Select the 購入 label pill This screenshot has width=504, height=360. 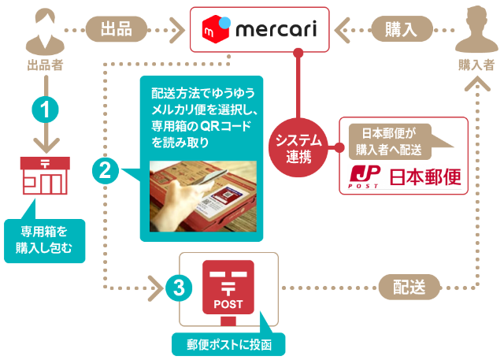tap(400, 30)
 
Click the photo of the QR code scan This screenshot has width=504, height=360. tap(202, 197)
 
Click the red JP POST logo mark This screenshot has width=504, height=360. tap(362, 176)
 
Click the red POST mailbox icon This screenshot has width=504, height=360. tap(230, 288)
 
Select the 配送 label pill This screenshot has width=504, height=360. tap(409, 288)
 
